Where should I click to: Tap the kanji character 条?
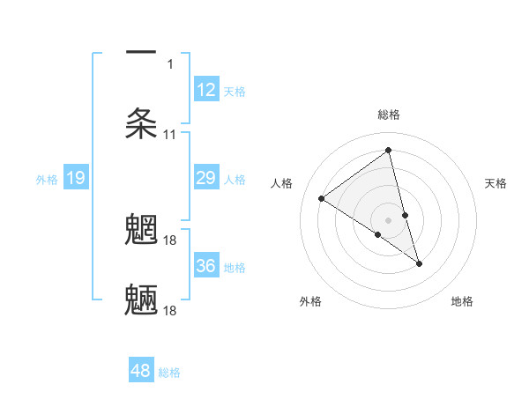click(142, 124)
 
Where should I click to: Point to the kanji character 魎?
click(142, 300)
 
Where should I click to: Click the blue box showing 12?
click(205, 90)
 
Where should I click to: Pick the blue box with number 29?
click(205, 179)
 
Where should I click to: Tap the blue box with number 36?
click(205, 266)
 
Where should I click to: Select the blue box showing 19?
click(76, 179)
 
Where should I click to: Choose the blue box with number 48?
click(141, 371)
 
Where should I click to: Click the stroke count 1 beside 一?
click(170, 63)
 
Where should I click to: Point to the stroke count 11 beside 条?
click(170, 135)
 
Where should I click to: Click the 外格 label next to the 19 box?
click(47, 180)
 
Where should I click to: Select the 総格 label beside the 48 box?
click(169, 373)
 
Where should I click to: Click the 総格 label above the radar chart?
click(389, 115)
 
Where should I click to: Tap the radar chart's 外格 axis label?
click(310, 301)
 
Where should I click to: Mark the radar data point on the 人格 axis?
click(322, 198)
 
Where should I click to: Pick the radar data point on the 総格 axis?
click(389, 150)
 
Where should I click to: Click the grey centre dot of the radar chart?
click(389, 219)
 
